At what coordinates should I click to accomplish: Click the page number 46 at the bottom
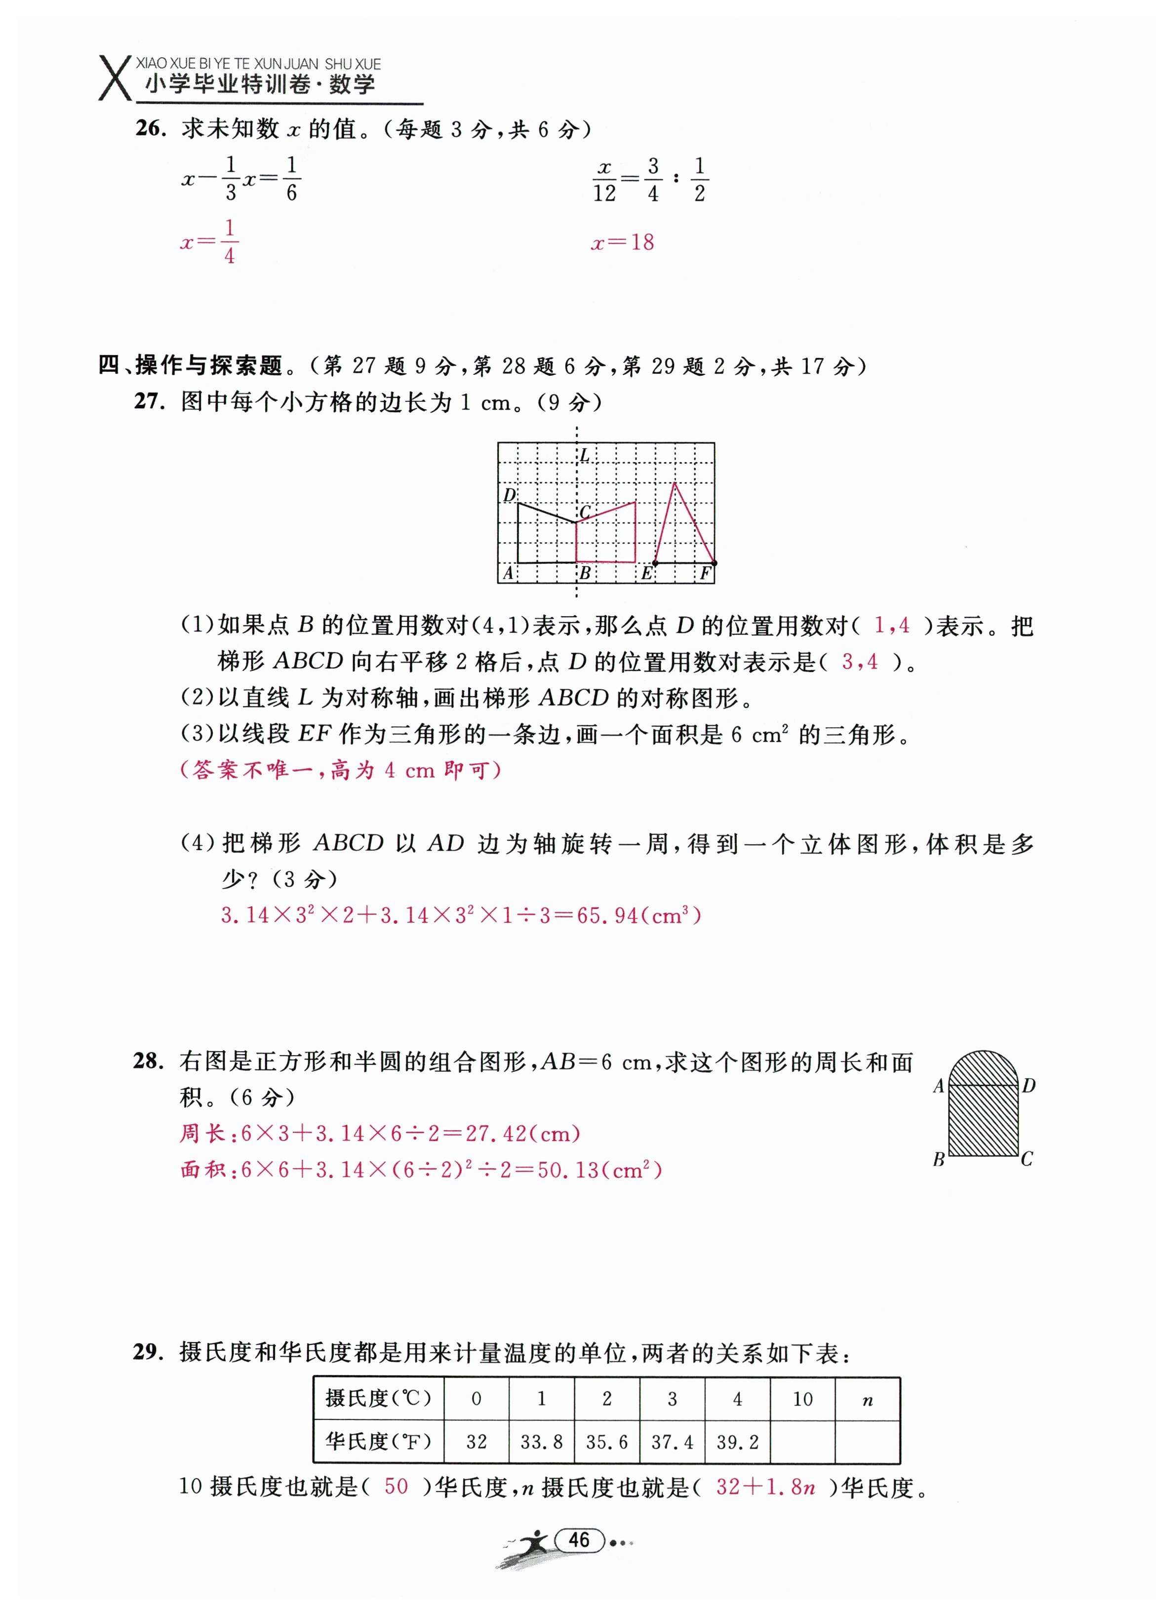click(x=579, y=1540)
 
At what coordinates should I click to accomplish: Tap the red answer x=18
click(x=622, y=243)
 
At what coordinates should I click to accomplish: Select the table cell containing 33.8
click(x=541, y=1442)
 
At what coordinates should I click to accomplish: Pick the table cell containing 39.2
click(x=737, y=1442)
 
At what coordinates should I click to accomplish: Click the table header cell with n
click(x=867, y=1400)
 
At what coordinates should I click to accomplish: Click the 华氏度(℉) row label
click(x=378, y=1442)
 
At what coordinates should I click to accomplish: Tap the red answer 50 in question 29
click(x=396, y=1487)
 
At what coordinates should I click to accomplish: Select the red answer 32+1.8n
click(x=766, y=1487)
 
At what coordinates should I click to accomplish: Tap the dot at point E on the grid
click(x=655, y=563)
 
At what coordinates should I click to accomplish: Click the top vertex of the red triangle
click(x=674, y=483)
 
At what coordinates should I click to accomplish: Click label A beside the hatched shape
click(x=938, y=1086)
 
